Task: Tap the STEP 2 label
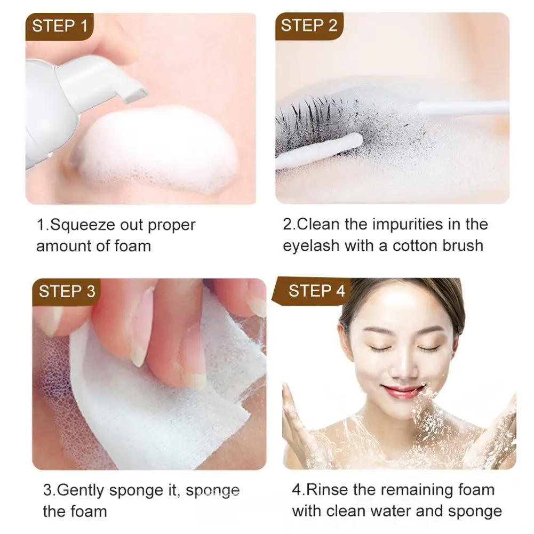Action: tap(309, 26)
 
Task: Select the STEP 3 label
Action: tap(67, 291)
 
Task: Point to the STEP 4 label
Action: tap(317, 291)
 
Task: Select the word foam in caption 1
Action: tap(133, 246)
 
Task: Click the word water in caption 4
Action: tap(396, 511)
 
